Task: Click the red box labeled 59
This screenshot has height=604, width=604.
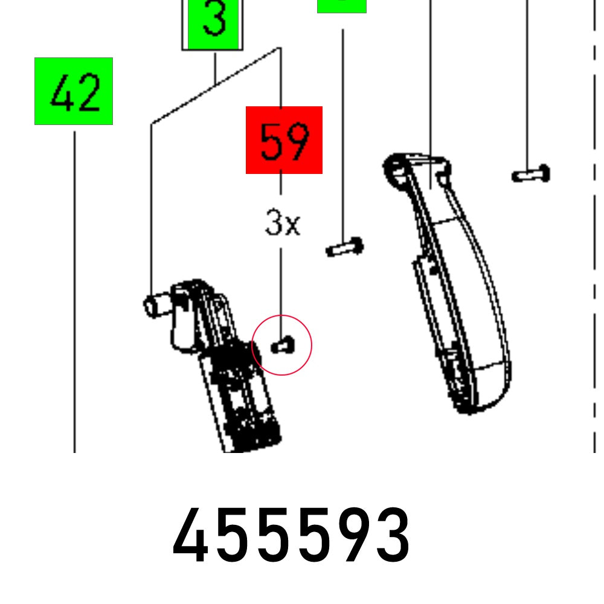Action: (x=284, y=140)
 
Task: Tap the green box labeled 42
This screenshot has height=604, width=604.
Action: (x=74, y=91)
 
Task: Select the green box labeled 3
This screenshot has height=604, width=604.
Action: (x=213, y=24)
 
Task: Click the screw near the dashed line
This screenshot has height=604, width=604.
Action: (x=531, y=175)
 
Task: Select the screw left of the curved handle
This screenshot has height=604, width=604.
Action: (x=344, y=247)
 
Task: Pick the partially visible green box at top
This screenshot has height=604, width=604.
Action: (x=342, y=6)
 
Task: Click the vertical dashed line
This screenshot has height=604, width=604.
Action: (x=595, y=242)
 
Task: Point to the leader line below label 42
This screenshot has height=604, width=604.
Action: (x=75, y=290)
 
